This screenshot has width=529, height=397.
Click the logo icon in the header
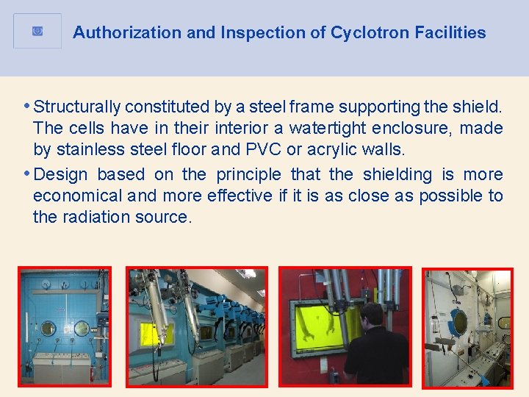point(37,31)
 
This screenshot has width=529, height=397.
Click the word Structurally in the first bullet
point(77,107)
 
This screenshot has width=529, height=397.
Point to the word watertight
point(326,128)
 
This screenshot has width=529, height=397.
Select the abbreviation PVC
point(264,149)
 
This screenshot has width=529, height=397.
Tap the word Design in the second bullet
point(60,174)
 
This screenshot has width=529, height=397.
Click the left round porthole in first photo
point(47,328)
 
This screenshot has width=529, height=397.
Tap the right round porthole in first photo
point(82,328)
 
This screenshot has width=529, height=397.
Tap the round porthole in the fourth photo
point(460,321)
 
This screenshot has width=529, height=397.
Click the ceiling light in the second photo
point(250,273)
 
